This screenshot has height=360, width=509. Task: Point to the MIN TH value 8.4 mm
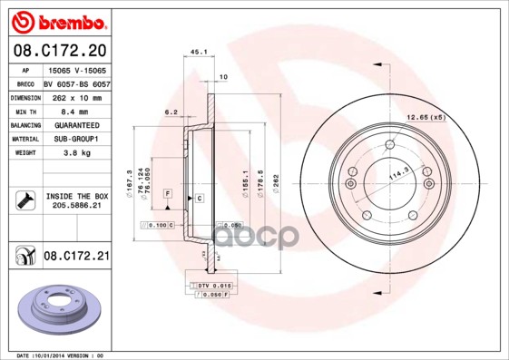[69, 110]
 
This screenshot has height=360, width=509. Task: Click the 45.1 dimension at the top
[196, 51]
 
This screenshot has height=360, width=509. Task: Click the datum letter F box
[167, 195]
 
